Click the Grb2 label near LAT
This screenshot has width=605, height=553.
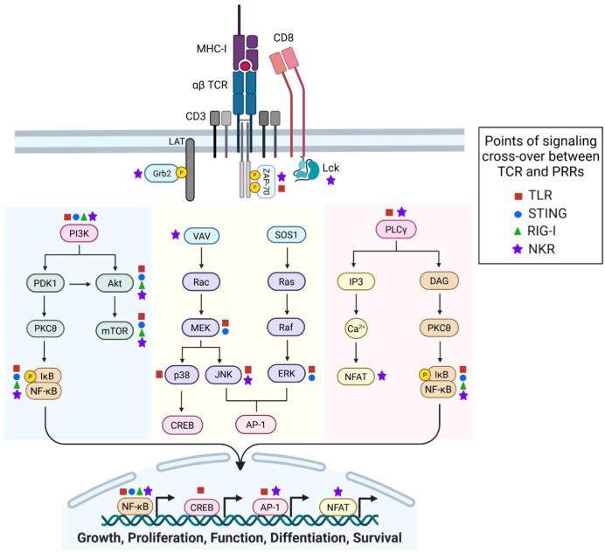pyautogui.click(x=161, y=173)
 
